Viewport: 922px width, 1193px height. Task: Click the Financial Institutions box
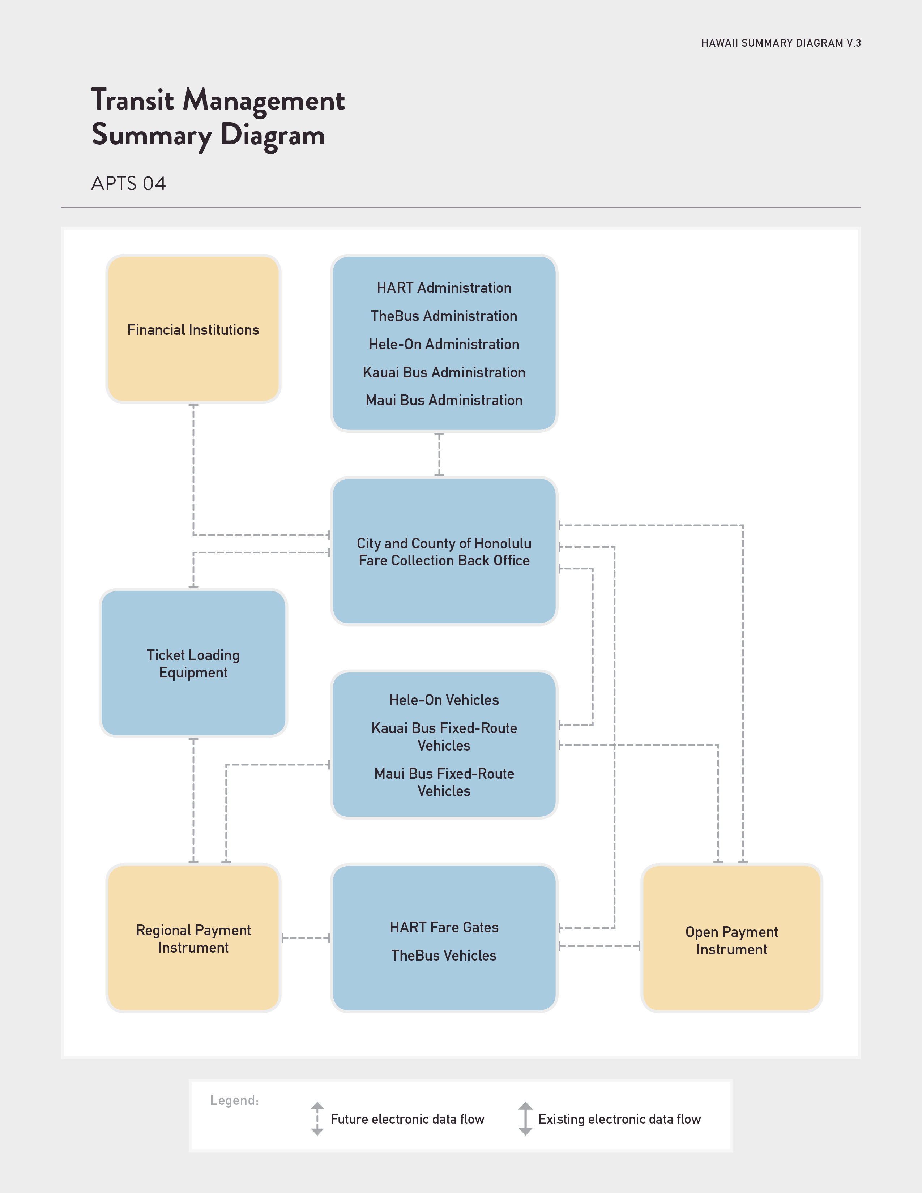[193, 329]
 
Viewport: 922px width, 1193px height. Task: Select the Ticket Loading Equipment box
[193, 663]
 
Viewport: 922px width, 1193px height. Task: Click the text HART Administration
[444, 288]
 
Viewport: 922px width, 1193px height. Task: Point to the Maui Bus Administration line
[444, 401]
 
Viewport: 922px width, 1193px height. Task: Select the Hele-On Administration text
[444, 344]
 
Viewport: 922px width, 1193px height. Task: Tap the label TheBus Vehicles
[444, 955]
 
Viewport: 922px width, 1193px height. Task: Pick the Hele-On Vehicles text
[444, 700]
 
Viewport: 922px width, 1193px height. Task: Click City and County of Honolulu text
[444, 543]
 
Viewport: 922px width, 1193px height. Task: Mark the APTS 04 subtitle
[128, 184]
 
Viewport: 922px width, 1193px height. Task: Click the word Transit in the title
[133, 100]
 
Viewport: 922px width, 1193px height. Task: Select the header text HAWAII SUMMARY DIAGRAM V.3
[781, 43]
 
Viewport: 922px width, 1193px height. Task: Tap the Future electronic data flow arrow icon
[317, 1119]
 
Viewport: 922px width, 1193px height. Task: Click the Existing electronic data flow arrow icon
[525, 1119]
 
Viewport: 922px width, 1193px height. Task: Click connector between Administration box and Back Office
[439, 454]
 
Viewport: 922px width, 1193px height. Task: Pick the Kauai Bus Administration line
[444, 372]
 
